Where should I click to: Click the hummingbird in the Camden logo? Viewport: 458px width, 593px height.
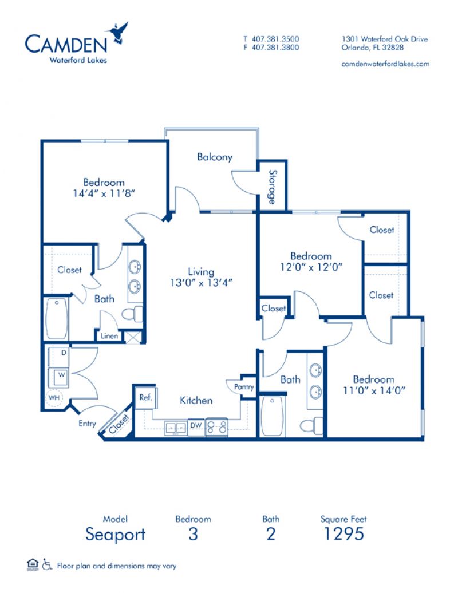pos(118,33)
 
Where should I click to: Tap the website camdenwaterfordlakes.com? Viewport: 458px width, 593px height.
pos(385,64)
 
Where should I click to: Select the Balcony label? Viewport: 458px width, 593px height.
pos(215,157)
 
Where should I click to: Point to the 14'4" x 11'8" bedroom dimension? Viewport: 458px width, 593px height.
pos(104,193)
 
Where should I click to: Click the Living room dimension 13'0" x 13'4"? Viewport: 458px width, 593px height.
pos(201,283)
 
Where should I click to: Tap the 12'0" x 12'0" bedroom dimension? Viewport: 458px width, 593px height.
pos(311,267)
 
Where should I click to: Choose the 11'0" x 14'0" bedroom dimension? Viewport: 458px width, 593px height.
pos(374,390)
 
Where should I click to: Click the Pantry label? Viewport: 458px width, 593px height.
pos(244,387)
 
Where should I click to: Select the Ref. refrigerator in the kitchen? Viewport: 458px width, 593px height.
pos(146,397)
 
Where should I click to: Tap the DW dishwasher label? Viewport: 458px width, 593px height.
pos(196,425)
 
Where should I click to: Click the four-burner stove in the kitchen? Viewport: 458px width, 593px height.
pos(217,428)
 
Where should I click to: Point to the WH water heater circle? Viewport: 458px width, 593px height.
pos(54,398)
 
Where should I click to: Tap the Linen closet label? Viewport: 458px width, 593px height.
pos(109,336)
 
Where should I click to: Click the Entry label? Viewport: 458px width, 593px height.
pos(88,424)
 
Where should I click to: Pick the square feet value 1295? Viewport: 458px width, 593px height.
pos(343,533)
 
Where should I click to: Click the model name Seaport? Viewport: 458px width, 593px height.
pos(115,535)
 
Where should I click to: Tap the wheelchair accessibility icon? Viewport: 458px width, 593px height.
pos(47,564)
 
